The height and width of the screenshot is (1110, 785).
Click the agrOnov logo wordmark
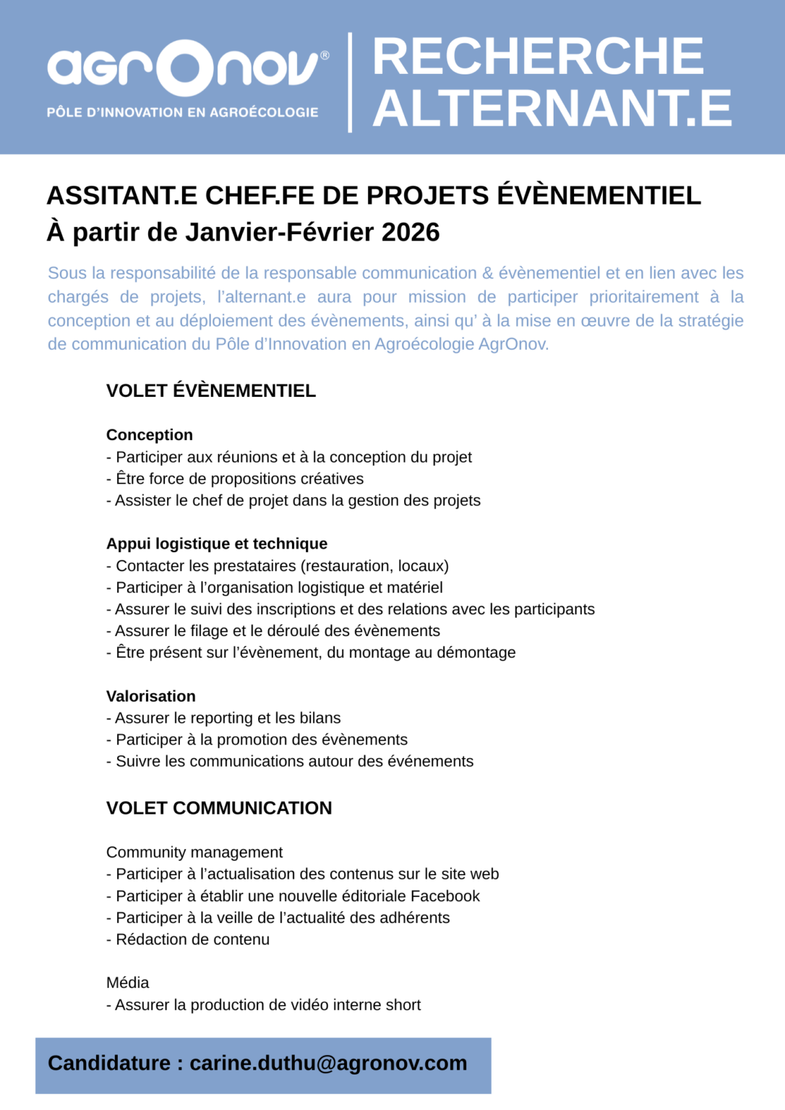coord(184,68)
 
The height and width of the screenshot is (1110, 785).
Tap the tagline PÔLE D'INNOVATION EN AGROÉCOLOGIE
coord(182,113)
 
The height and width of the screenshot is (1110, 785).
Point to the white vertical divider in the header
coord(351,82)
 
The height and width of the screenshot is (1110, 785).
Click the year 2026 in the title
coord(411,233)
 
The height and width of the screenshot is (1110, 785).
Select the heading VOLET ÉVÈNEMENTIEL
coord(211,391)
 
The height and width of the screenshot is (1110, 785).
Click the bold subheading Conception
coord(150,435)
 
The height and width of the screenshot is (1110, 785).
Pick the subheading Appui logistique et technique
coord(217,543)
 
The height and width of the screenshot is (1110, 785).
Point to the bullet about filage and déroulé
coord(273,631)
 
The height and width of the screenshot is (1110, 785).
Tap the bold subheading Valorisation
coord(151,696)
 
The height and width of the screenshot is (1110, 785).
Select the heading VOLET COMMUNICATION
coord(219,808)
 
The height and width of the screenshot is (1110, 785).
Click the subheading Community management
coord(194,853)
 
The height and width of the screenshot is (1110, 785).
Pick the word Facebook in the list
coord(445,896)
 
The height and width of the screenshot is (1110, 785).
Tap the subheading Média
coord(128,983)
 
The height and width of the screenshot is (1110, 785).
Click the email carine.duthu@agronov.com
coord(328,1063)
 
